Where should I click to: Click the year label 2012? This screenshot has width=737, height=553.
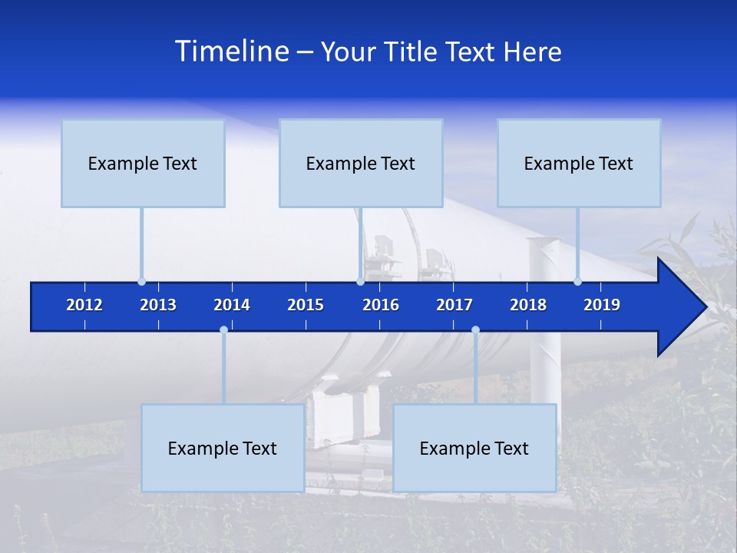(84, 305)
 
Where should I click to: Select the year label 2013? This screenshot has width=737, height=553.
(158, 305)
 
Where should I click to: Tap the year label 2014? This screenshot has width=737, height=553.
(232, 305)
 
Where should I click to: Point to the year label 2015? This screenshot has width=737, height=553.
(306, 305)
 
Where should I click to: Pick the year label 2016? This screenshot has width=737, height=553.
(381, 305)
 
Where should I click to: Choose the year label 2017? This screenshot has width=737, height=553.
(454, 305)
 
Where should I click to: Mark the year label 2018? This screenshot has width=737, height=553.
(528, 305)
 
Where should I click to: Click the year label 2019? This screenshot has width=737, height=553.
(602, 305)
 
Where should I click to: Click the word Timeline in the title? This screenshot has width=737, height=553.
(232, 51)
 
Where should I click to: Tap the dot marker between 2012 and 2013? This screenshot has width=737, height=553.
(141, 282)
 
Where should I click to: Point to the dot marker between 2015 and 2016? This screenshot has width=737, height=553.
(360, 282)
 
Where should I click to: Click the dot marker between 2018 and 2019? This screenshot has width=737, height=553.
(577, 282)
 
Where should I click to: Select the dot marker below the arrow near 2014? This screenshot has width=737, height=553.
(223, 330)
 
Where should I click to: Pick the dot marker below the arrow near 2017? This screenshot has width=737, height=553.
(475, 330)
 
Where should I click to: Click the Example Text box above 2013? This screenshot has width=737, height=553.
(143, 163)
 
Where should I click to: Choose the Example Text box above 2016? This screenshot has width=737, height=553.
(361, 163)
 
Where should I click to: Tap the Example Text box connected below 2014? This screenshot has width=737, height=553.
(223, 448)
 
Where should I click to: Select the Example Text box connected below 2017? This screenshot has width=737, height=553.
(474, 448)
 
